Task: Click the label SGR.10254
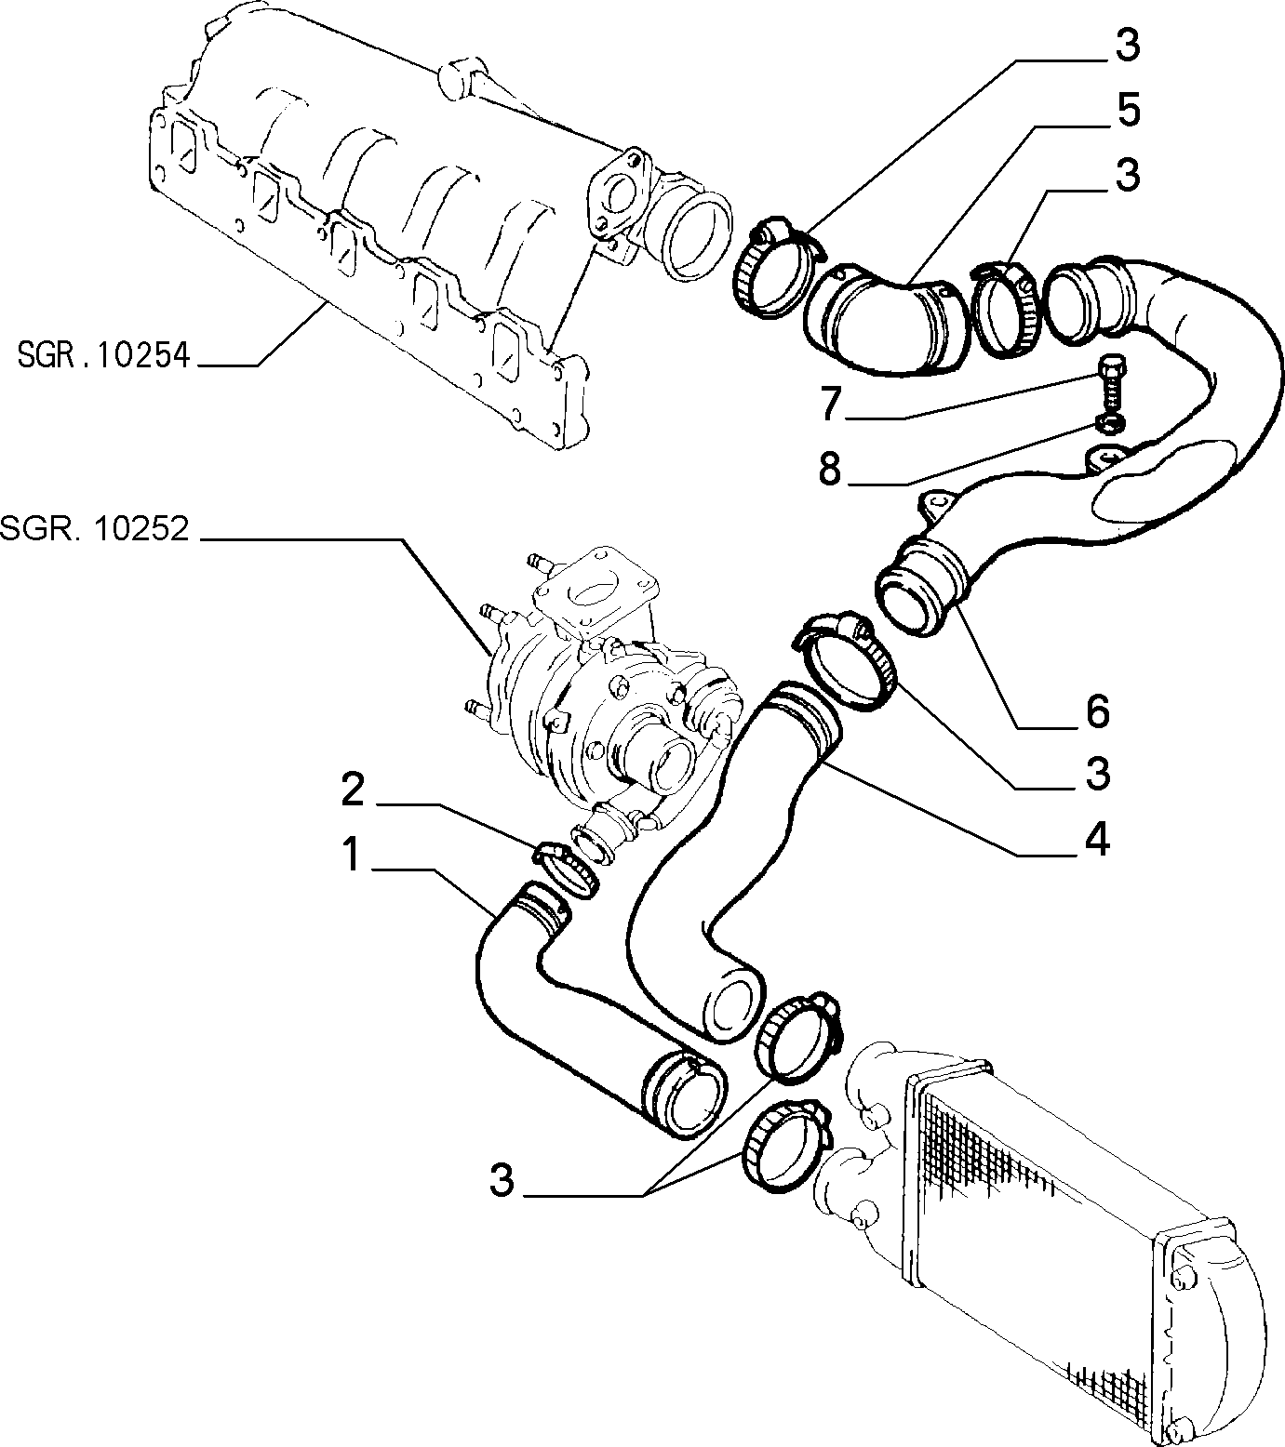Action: [x=102, y=356]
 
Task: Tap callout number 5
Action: [x=1127, y=111]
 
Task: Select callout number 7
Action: [x=831, y=404]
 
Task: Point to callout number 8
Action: [x=830, y=470]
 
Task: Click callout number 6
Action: [x=1098, y=711]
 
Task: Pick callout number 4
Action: [x=1098, y=839]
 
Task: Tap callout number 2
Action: [x=353, y=790]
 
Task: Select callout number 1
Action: [x=351, y=855]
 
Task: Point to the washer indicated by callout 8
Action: [x=1110, y=425]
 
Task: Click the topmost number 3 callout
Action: [x=1127, y=45]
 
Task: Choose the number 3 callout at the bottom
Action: [x=502, y=1181]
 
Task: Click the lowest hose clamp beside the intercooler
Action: [x=786, y=1146]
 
